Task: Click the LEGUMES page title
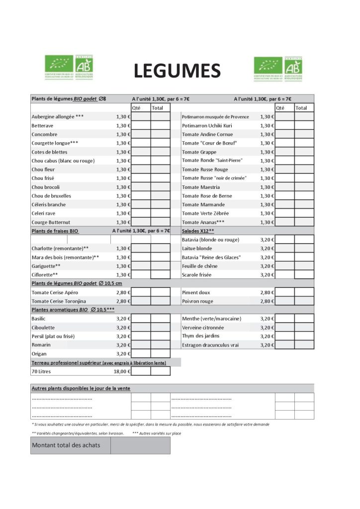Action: (177, 71)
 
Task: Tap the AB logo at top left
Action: (84, 67)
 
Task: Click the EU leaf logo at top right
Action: (268, 68)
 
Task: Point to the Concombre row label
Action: (44, 134)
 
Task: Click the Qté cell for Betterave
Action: (141, 126)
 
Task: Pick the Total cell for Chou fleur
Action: (160, 170)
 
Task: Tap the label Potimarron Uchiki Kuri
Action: (207, 126)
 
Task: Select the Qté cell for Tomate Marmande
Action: (284, 205)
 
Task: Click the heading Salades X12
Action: (198, 231)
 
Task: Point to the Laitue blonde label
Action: (197, 249)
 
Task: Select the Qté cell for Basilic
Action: (141, 319)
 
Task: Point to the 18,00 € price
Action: (122, 371)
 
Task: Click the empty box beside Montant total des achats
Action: (140, 445)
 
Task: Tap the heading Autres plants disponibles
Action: (81, 388)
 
